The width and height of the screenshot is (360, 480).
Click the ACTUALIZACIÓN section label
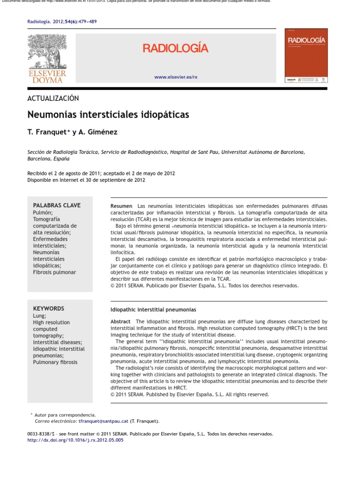(x=53, y=98)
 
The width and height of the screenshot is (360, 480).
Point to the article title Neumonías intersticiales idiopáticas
(x=108, y=114)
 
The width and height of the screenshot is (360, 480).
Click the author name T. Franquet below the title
(x=47, y=132)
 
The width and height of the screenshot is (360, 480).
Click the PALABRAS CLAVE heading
(x=57, y=205)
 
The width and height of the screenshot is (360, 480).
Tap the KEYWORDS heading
(x=48, y=308)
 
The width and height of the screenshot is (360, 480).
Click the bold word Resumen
(x=121, y=206)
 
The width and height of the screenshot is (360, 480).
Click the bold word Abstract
(x=120, y=322)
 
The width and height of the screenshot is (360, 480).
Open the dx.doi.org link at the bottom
(x=75, y=441)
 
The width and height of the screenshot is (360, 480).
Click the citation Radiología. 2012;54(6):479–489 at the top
(x=62, y=22)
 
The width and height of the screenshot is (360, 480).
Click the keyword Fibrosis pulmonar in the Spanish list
(x=54, y=272)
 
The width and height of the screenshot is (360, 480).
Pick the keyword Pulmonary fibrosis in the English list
(x=55, y=362)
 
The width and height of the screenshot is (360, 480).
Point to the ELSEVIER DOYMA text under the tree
(x=47, y=77)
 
